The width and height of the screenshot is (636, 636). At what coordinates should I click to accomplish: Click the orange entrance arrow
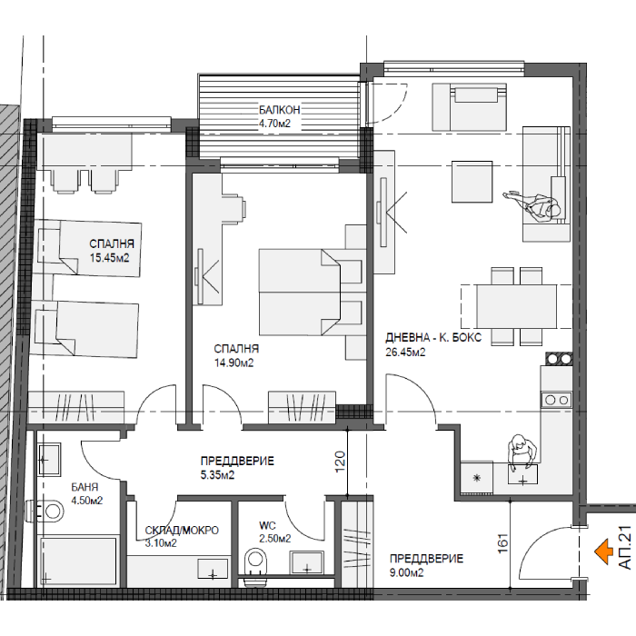click(603, 552)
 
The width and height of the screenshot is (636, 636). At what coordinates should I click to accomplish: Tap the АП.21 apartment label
click(625, 547)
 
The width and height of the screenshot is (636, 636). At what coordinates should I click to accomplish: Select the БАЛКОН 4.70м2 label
click(280, 116)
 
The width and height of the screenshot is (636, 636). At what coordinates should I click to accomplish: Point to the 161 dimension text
click(502, 543)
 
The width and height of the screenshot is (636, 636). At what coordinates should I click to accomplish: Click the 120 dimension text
click(340, 462)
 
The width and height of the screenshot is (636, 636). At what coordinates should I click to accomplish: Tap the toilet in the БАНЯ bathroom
click(45, 511)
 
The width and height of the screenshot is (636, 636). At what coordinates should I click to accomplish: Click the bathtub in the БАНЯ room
click(77, 561)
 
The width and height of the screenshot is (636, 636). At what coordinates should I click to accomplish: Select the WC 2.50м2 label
click(275, 532)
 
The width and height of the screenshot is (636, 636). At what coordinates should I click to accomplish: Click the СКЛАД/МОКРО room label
click(182, 530)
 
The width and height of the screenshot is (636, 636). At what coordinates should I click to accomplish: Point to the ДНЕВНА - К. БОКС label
click(433, 337)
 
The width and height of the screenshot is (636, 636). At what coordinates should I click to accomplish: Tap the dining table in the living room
click(516, 306)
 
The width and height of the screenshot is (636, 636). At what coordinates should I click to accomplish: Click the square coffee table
click(472, 182)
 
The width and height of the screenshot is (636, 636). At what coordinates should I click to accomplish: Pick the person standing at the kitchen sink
click(522, 451)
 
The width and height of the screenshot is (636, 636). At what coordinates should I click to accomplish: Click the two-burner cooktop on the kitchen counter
click(556, 400)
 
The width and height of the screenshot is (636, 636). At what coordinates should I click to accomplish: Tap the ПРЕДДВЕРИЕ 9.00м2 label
click(426, 565)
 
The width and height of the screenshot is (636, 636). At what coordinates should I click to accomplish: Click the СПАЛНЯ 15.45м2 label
click(112, 250)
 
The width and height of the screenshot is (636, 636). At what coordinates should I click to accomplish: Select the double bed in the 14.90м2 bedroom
click(311, 292)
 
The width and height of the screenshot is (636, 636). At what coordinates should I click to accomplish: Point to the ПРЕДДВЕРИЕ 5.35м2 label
click(237, 468)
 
